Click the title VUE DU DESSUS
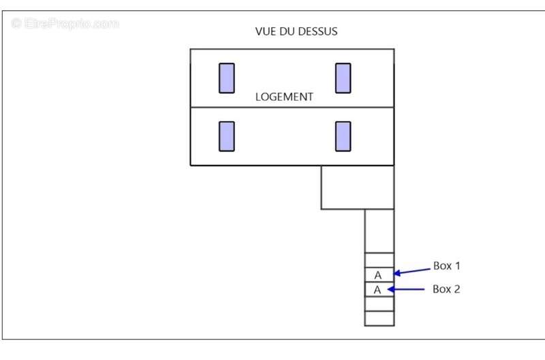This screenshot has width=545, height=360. coord(296,31)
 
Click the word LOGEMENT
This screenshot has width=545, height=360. coord(284,97)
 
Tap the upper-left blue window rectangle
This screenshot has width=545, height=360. coord(227,78)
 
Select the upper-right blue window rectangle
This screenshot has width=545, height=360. coord(343,78)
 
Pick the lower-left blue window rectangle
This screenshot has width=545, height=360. coord(227,136)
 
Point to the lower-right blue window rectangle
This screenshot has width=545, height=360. coord(343,136)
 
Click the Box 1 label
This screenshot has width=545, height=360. coord(447,266)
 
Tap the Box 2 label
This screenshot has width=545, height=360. coord(446,289)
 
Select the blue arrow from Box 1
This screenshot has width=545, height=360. coord(412,271)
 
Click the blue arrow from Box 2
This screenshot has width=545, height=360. coord(406,289)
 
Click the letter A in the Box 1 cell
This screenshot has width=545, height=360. coord(378,275)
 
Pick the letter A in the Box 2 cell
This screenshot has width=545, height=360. coord(377,290)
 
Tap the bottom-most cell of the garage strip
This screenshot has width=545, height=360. coord(379,318)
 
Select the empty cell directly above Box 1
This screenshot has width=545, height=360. coord(379,260)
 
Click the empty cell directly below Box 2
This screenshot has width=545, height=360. coord(379,303)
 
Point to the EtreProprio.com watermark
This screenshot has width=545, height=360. coord(65,24)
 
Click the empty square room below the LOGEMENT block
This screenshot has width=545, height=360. coord(357,187)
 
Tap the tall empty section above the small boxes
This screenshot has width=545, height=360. coord(379,231)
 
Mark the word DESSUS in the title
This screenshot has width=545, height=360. coord(317,31)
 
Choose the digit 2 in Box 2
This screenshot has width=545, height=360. coord(456,289)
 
